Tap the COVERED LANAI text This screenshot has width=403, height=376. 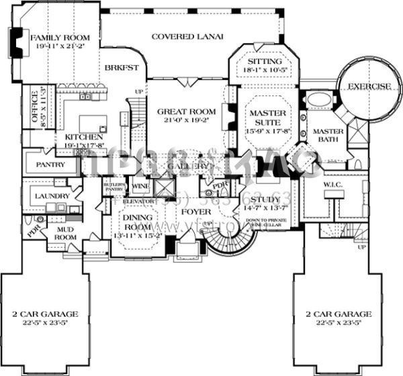pos(186,37)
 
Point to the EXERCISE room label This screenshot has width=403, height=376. pos(369,86)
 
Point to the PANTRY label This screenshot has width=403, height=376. pos(51,164)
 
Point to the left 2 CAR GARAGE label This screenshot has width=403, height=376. pos(46,314)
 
